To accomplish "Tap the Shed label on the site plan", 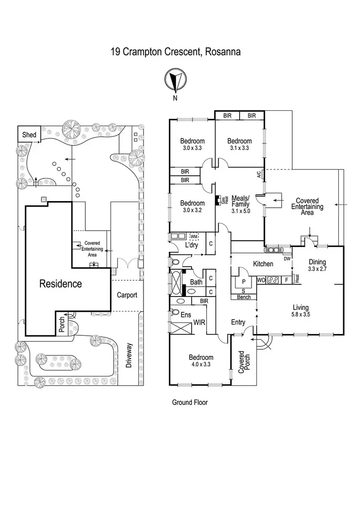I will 29,135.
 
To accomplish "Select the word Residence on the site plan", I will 60,284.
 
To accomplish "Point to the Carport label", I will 127,295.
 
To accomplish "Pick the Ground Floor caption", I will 190,402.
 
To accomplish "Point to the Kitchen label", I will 263,264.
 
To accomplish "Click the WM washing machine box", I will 194,237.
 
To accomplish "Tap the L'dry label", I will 192,246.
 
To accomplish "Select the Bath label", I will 196,282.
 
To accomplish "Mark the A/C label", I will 259,175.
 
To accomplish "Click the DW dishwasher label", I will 287,259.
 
